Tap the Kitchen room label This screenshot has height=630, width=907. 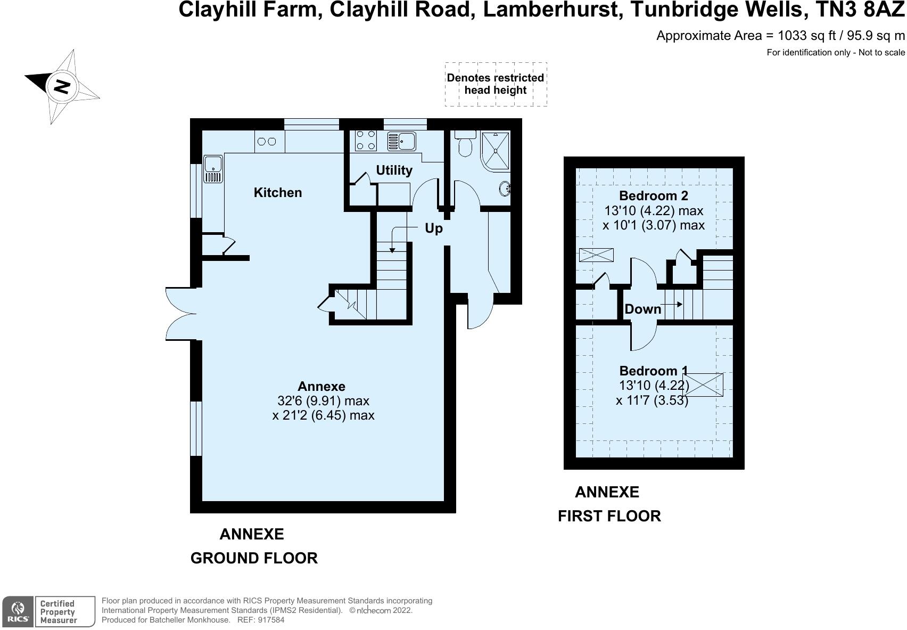277,193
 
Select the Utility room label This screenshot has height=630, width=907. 394,170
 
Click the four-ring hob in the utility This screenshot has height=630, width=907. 366,141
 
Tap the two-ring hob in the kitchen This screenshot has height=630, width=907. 267,142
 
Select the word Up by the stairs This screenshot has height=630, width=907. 433,228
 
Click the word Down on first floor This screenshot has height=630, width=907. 642,309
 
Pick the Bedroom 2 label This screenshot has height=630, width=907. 654,196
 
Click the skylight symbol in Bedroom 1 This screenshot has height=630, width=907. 703,384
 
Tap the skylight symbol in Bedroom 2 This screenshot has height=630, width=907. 596,255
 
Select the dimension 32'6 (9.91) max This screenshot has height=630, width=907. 323,400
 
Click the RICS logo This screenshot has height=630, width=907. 18,611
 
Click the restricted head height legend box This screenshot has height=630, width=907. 496,84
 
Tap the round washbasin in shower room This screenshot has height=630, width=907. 505,188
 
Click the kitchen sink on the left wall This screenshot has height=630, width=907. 212,168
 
